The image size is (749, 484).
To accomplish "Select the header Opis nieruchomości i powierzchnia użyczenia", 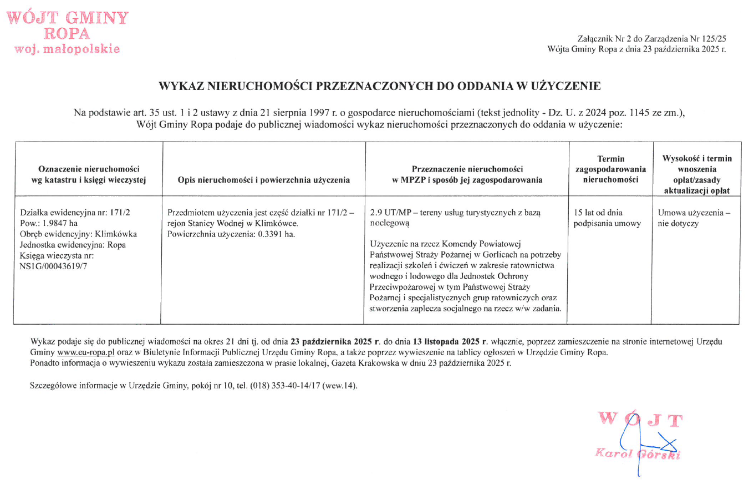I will click(263, 180).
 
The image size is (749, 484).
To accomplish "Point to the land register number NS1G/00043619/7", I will click(53, 266).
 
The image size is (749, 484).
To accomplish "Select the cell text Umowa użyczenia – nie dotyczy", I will click(694, 218).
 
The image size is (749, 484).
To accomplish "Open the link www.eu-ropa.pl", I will click(85, 352).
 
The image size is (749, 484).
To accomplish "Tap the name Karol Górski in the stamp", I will click(638, 454).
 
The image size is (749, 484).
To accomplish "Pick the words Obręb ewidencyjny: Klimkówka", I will click(78, 234).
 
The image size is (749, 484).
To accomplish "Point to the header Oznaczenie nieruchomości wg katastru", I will click(89, 174).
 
